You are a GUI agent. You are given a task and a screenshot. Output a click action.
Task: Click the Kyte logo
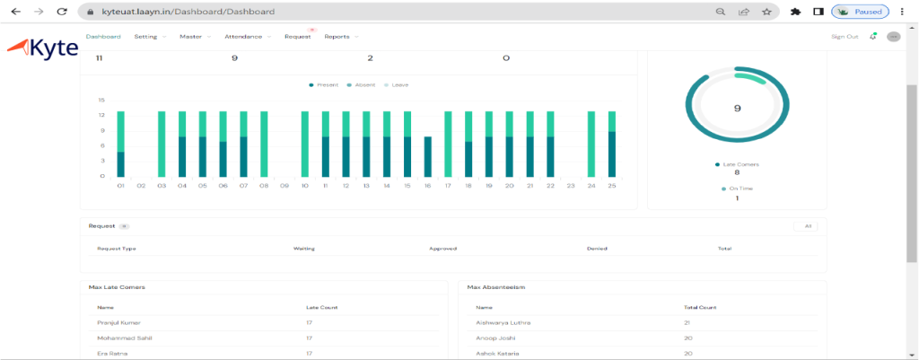point(42,48)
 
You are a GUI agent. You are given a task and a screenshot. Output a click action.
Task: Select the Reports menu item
point(337,37)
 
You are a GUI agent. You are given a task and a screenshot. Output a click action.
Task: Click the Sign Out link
point(845,37)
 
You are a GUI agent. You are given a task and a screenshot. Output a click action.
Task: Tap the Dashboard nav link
point(103,37)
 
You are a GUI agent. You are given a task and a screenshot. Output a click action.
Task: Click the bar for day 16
point(427,157)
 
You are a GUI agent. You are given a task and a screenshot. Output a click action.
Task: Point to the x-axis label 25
point(611,186)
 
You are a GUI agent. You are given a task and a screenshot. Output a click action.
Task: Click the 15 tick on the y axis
point(101,100)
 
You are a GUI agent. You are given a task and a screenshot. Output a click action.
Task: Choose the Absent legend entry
point(364,84)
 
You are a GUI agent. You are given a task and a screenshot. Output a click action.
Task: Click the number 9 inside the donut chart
point(737,108)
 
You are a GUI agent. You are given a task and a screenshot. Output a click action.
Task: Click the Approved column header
point(443,248)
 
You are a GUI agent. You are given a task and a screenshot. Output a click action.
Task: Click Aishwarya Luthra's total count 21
point(687,320)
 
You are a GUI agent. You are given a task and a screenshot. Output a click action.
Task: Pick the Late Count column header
point(320,307)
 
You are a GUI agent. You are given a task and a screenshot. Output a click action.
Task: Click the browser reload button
point(61,13)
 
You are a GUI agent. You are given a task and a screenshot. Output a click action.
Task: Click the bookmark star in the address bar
point(766,13)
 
